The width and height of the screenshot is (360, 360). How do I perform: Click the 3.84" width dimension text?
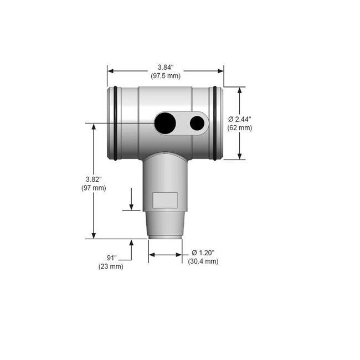(166, 67)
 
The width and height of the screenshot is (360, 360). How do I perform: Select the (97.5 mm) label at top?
(166, 76)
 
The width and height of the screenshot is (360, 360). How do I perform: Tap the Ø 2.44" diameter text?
(240, 119)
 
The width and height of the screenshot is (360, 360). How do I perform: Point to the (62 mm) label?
(239, 128)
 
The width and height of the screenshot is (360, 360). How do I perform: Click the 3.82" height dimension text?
(93, 179)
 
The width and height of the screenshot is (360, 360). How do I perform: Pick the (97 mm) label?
(93, 188)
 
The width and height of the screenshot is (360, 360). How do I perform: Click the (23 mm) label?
(111, 267)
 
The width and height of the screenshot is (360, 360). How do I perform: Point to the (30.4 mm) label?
(203, 261)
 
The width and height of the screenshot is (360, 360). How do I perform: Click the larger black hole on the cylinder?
(165, 123)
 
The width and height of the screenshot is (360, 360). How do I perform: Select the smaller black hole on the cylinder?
(197, 123)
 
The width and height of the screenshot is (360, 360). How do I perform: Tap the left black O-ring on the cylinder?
(115, 123)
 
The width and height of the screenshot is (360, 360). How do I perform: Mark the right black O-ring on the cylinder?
(215, 123)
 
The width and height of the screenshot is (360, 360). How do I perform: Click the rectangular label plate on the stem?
(164, 200)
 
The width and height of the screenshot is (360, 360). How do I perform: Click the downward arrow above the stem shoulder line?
(131, 205)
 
